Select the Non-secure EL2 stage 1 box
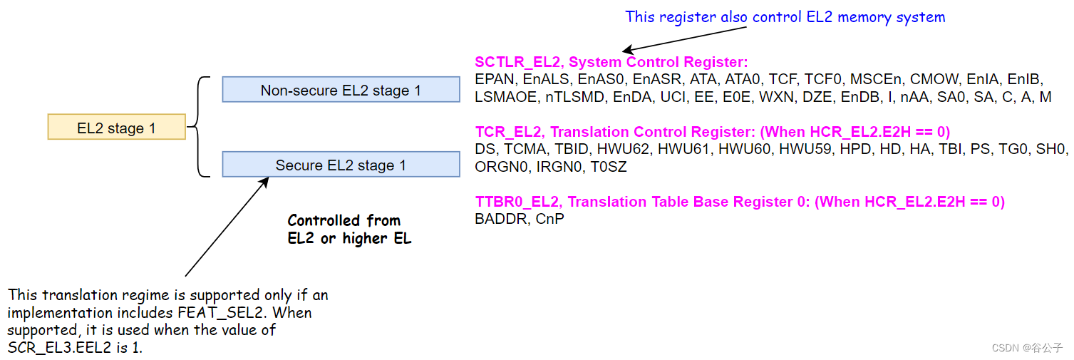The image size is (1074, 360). tap(341, 90)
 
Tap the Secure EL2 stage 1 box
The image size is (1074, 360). tap(341, 165)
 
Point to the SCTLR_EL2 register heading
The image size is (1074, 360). tap(611, 62)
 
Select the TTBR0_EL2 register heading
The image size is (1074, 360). tap(739, 202)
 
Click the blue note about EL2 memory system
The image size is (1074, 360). tap(785, 16)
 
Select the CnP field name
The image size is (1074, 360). tap(549, 219)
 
